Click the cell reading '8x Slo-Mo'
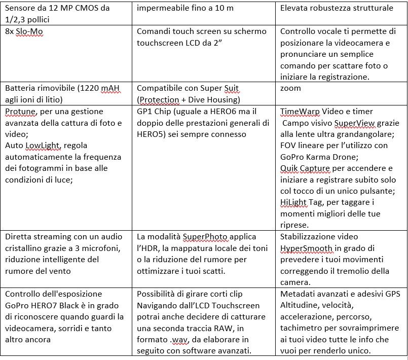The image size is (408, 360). pyautogui.click(x=24, y=31)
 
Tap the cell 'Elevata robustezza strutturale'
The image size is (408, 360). pyautogui.click(x=336, y=8)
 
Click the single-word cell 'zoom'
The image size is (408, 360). pyautogui.click(x=290, y=88)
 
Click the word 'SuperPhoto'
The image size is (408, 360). pyautogui.click(x=205, y=237)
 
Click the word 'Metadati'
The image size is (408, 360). pyautogui.click(x=299, y=294)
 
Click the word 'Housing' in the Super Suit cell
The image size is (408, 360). pyautogui.click(x=222, y=99)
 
